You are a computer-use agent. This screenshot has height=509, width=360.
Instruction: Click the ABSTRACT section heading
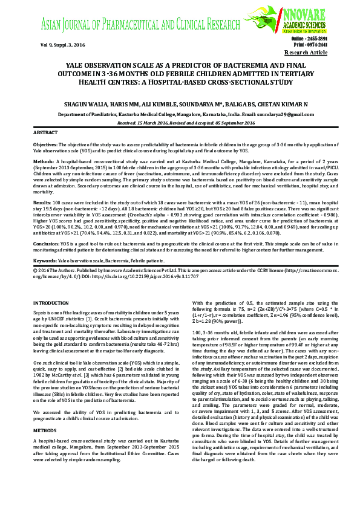point(45,132)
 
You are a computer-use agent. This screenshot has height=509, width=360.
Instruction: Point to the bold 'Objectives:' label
point(45,146)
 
